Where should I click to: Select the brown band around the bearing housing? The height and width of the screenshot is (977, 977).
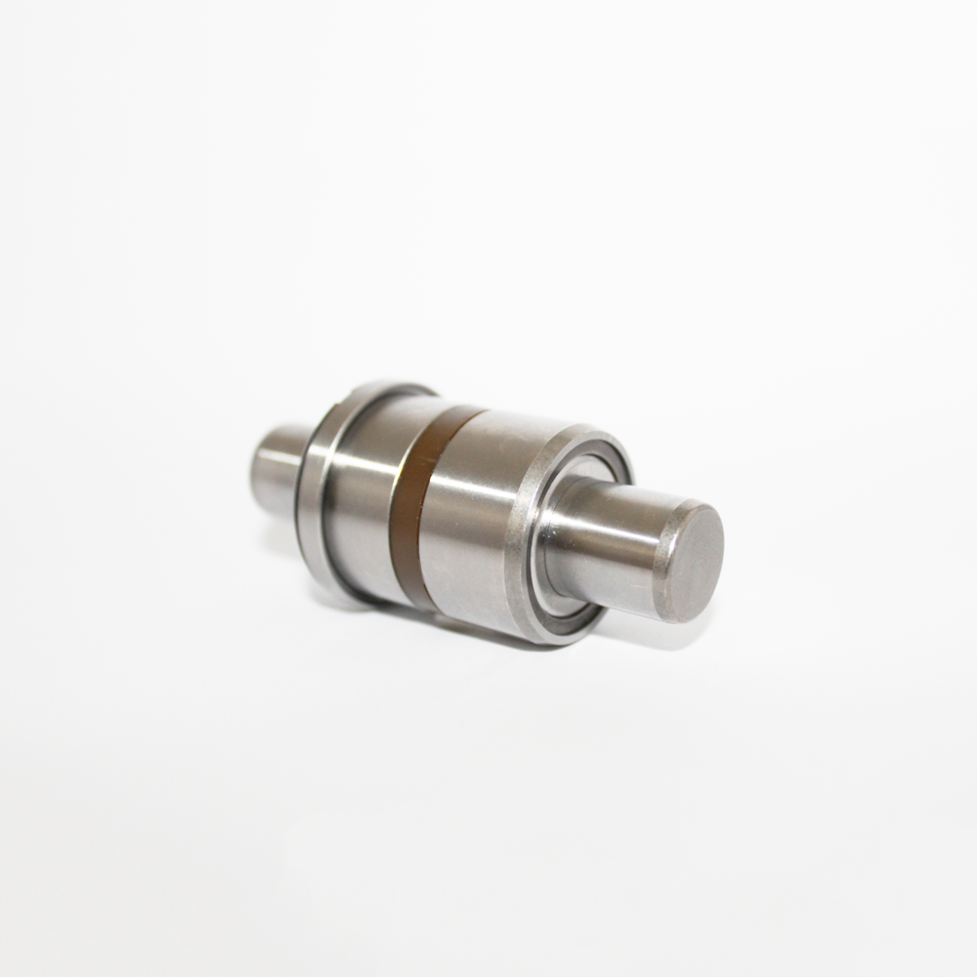pyautogui.click(x=415, y=508)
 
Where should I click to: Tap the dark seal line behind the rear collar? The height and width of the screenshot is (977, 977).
pyautogui.click(x=302, y=488)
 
